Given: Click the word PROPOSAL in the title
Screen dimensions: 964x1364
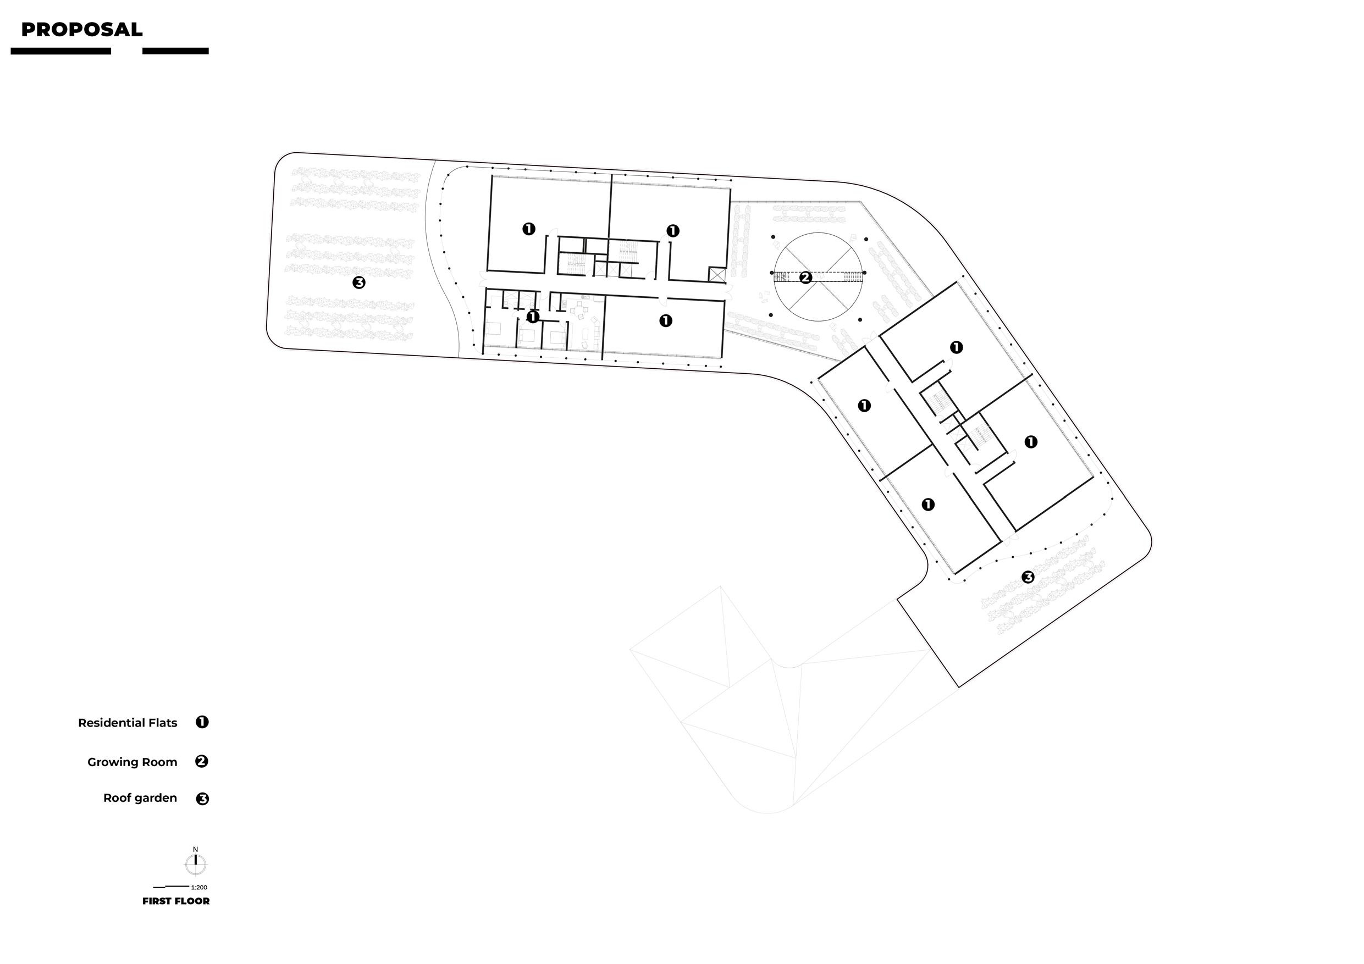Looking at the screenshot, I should coord(81,30).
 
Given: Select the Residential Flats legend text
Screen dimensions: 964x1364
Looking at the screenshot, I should coord(128,723).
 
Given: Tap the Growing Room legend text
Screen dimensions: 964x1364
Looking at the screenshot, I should coord(132,762).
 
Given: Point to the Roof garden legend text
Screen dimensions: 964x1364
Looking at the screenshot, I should coord(140,797).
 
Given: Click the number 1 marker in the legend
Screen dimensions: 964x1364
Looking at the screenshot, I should coord(202,722).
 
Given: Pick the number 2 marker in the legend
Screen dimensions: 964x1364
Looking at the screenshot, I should coord(202,761).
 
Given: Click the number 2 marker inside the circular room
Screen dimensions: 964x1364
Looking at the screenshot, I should coord(805,278).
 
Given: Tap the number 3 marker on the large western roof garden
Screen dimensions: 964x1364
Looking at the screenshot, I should coord(359,282).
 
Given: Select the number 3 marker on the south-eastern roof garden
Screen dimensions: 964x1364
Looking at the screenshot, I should coord(1028,577).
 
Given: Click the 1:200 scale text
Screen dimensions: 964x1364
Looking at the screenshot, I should coord(199,888).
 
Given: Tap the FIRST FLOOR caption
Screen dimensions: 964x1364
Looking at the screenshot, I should coord(176,901).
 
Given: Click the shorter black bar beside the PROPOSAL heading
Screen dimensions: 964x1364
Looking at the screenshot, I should coord(175,51).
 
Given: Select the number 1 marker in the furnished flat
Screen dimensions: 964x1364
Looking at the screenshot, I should coord(533,317).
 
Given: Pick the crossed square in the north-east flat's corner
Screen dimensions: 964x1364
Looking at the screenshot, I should coord(717,274).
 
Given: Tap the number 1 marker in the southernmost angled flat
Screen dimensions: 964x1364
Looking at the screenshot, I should coord(928,505).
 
